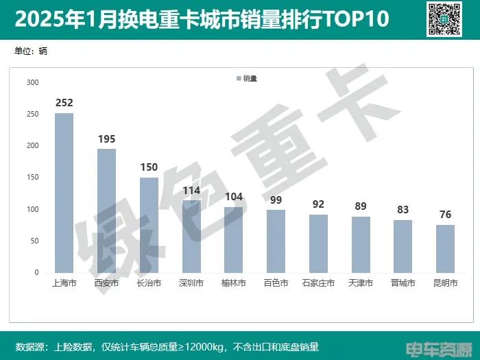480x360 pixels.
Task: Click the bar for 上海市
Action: pyautogui.click(x=64, y=193)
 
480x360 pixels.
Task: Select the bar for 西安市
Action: pyautogui.click(x=106, y=211)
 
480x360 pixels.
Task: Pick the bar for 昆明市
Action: pyautogui.click(x=445, y=248)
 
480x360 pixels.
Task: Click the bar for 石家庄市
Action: pyautogui.click(x=318, y=243)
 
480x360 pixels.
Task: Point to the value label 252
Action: pyautogui.click(x=64, y=103)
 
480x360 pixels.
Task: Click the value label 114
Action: pyautogui.click(x=191, y=191)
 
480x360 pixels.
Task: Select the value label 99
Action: pyautogui.click(x=276, y=200)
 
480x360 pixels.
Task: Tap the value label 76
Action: pyautogui.click(x=445, y=215)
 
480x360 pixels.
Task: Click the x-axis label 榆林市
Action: pyautogui.click(x=234, y=283)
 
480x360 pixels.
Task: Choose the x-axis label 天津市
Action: pyautogui.click(x=361, y=283)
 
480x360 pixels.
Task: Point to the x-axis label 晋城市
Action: pyautogui.click(x=403, y=283)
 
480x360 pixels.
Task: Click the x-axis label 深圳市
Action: pyautogui.click(x=191, y=283)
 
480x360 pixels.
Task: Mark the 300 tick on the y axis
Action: pyautogui.click(x=32, y=82)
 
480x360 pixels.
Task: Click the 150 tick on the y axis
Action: pyautogui.click(x=32, y=178)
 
